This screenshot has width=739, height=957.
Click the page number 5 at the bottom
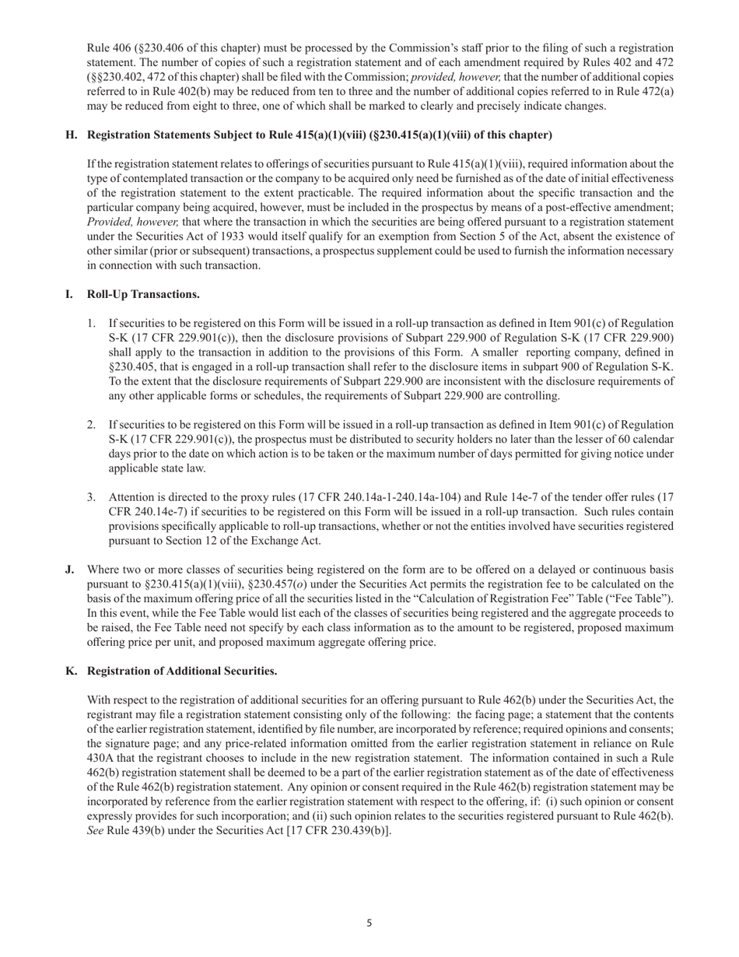(x=369, y=924)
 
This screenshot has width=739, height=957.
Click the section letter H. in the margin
(x=72, y=135)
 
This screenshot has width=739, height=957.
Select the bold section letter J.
(x=70, y=570)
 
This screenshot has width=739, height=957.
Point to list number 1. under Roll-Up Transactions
(x=92, y=322)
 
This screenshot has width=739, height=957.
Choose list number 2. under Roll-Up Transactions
(x=92, y=424)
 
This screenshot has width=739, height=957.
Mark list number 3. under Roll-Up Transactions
(x=92, y=497)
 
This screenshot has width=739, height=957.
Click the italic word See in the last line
(x=96, y=831)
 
